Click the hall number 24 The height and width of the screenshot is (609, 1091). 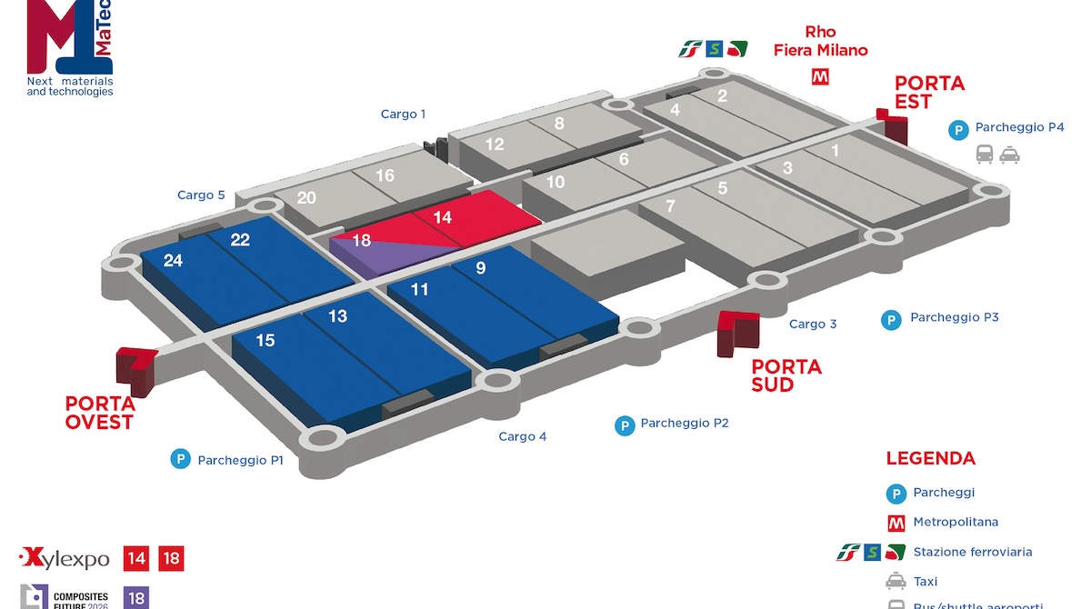pos(173,261)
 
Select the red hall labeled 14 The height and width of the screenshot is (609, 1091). pos(443,218)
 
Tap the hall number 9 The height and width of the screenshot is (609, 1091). pos(481,267)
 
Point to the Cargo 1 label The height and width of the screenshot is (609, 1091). pos(403,115)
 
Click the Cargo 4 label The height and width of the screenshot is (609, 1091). pos(523,437)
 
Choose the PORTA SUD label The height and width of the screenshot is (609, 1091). pos(786,375)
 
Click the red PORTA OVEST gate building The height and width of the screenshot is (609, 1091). pos(135,365)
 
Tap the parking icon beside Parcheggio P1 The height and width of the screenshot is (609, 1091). pos(180,460)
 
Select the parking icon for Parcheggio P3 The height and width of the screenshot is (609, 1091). pos(892,319)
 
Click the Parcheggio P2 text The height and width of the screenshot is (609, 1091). pos(685,424)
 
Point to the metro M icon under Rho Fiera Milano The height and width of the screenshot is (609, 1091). pos(820,77)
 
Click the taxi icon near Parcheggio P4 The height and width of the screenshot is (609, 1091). pos(1009,155)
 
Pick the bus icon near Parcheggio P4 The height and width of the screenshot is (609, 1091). pos(985,155)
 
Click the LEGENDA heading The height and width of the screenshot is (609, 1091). pos(930,459)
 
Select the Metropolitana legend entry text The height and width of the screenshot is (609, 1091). pos(956,522)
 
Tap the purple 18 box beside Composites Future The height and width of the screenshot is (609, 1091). pos(136,597)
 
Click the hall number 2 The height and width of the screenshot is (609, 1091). pos(723,95)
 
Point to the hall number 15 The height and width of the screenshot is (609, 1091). pos(265,341)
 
